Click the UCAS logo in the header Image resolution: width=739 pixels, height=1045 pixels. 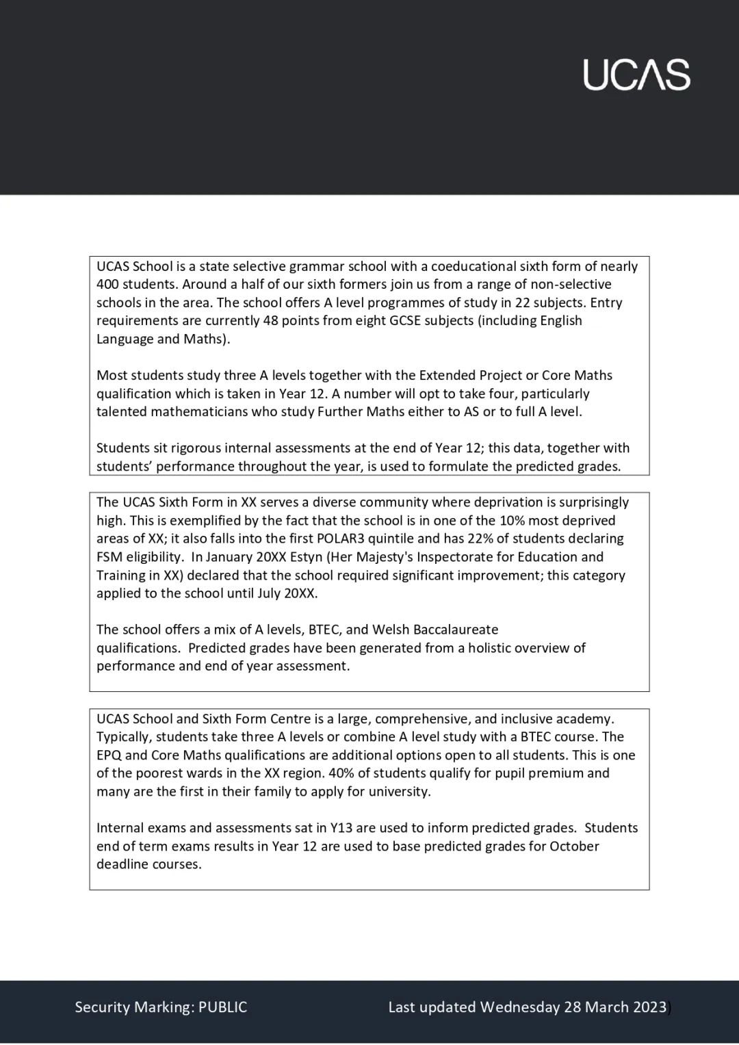pos(636,75)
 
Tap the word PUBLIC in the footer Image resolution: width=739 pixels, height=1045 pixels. pos(222,1007)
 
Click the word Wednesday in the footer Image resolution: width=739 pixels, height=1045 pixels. pos(519,1007)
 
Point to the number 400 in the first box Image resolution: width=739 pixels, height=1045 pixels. pos(107,284)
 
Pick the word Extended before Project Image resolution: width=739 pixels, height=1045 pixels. pos(448,375)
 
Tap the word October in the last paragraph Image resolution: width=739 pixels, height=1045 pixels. pos(574,846)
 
